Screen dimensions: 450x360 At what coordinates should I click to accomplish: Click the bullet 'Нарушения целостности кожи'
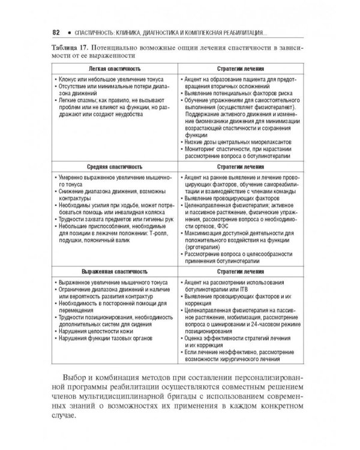click(x=95, y=330)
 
